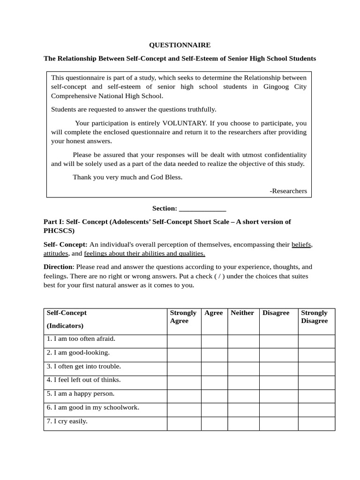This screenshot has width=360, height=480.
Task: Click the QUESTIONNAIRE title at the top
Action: [180, 45]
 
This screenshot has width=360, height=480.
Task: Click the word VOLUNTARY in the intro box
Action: [184, 123]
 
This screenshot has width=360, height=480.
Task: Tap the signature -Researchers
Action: [288, 191]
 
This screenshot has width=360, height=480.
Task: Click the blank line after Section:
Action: [202, 209]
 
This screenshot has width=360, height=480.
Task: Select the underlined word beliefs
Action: [301, 244]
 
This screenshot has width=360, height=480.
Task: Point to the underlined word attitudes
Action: [56, 254]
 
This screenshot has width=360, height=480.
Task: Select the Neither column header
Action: [242, 313]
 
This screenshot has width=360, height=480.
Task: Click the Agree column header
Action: [214, 313]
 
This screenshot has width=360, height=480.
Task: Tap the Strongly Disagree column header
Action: [315, 317]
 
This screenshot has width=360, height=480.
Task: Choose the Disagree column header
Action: [276, 313]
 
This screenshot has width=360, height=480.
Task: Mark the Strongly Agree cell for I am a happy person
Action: [184, 397]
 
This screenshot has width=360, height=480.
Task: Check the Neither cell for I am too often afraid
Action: [243, 341]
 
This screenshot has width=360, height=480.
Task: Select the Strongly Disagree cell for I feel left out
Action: [316, 382]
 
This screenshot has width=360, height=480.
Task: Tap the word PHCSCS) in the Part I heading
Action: [59, 231]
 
